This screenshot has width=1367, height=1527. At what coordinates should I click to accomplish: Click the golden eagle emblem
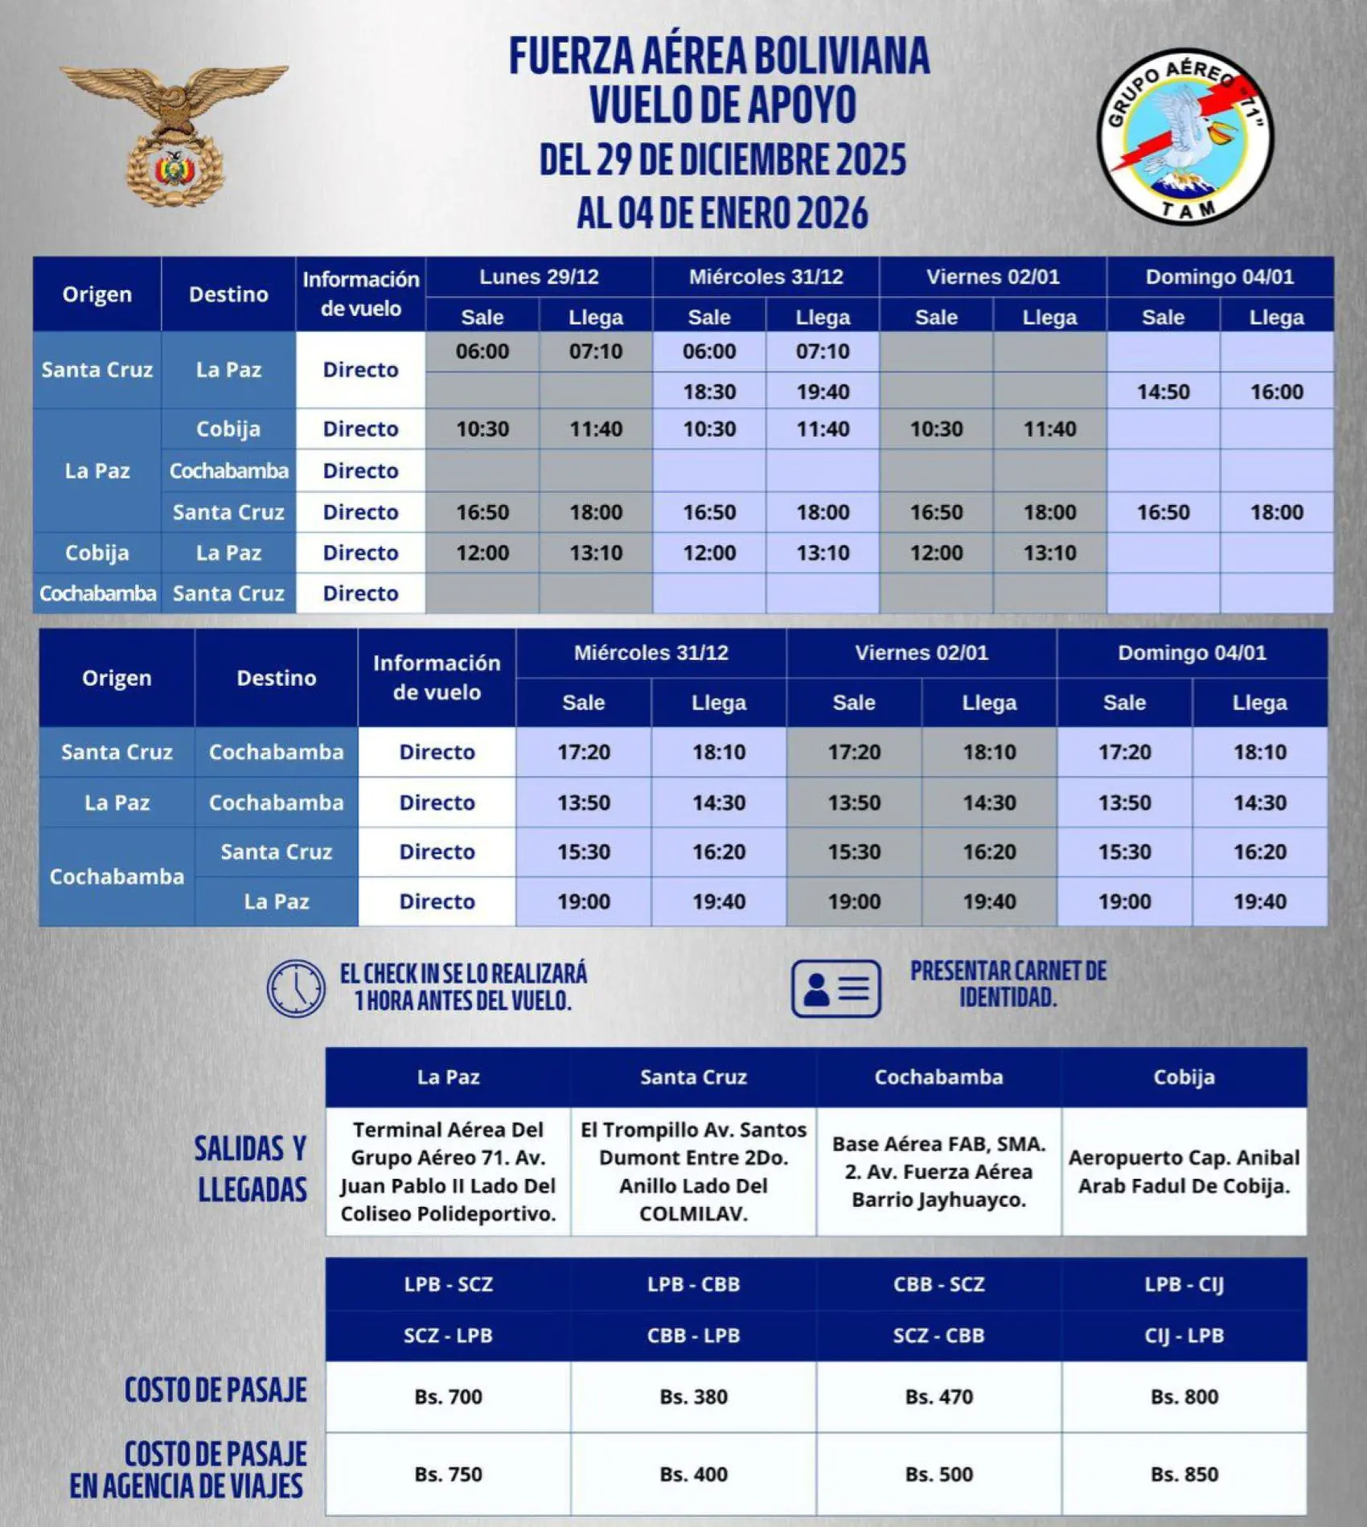(174, 133)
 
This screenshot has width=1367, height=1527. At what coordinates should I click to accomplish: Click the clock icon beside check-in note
(296, 988)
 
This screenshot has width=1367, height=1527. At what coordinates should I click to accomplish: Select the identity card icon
(835, 988)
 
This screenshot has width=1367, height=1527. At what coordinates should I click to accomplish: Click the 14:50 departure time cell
(1163, 392)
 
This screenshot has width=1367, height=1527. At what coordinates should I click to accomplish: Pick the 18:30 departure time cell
(709, 392)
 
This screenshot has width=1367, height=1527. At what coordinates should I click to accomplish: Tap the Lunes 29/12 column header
(539, 277)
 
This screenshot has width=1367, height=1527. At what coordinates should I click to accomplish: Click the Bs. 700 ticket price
(448, 1397)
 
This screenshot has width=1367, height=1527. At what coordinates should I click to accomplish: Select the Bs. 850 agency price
(1184, 1474)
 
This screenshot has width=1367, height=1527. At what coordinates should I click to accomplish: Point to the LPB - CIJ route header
(1184, 1284)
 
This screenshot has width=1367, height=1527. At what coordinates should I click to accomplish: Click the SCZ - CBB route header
(938, 1336)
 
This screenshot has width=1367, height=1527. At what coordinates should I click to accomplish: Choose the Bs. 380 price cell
(693, 1397)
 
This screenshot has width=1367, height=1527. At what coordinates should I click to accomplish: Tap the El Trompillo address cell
(693, 1172)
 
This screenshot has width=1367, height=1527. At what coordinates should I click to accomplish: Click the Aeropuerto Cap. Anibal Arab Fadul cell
(1184, 1172)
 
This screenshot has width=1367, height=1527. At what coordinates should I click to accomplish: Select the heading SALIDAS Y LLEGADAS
(251, 1169)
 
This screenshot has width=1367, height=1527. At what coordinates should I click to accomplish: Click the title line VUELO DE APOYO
(722, 105)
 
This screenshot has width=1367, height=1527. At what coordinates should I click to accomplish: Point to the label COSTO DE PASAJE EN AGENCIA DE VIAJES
(188, 1470)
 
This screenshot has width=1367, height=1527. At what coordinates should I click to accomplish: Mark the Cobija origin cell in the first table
(96, 553)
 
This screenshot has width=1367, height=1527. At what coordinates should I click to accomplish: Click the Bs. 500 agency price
(938, 1474)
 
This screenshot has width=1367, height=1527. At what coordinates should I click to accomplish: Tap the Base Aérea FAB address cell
(938, 1172)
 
